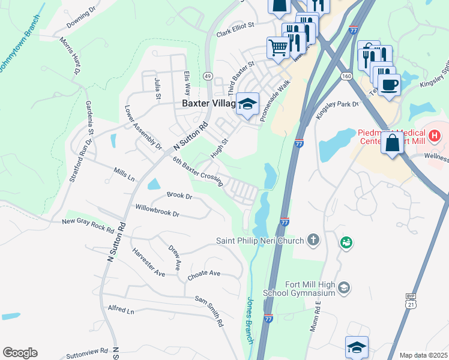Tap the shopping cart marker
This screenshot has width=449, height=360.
click(278, 47)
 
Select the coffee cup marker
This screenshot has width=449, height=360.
click(389, 84)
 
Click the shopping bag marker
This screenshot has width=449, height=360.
click(393, 144)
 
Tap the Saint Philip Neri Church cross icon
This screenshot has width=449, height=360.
click(313, 241)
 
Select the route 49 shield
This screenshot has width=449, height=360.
click(208, 76)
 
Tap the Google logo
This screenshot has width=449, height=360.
click(20, 353)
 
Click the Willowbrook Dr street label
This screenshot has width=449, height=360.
click(157, 212)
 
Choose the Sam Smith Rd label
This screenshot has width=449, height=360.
click(208, 310)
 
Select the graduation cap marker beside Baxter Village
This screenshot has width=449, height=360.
click(247, 104)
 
